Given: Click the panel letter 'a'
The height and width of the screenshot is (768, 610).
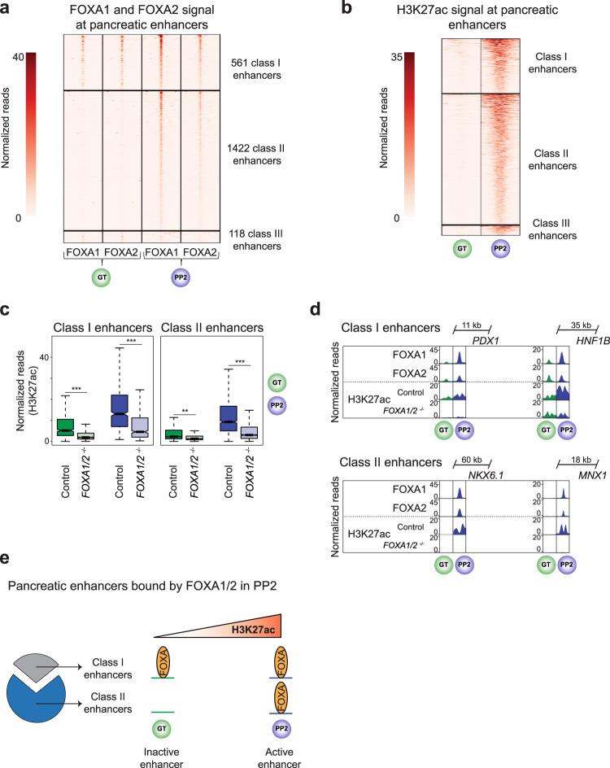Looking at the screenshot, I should pos(6,7).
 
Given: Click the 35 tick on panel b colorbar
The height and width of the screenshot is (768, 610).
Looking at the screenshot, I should pos(390,54).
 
